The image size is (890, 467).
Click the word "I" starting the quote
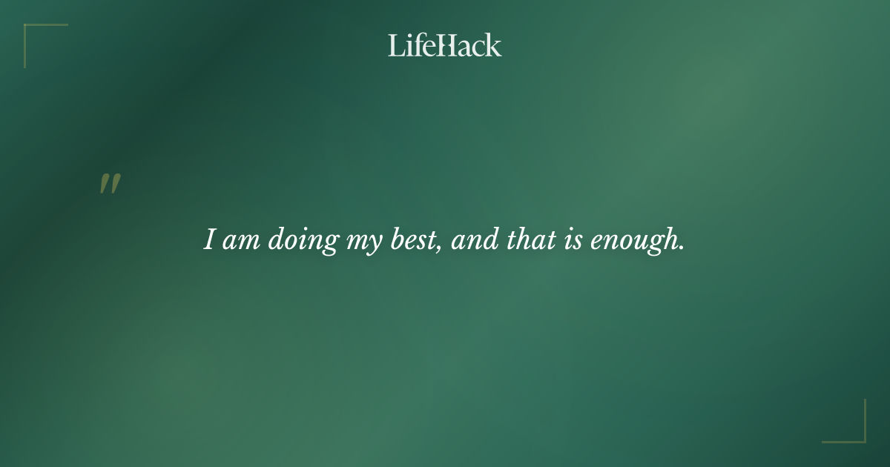(x=210, y=239)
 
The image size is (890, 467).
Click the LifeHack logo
(x=445, y=45)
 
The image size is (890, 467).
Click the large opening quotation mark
(x=110, y=184)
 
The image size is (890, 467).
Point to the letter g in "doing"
(x=330, y=244)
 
